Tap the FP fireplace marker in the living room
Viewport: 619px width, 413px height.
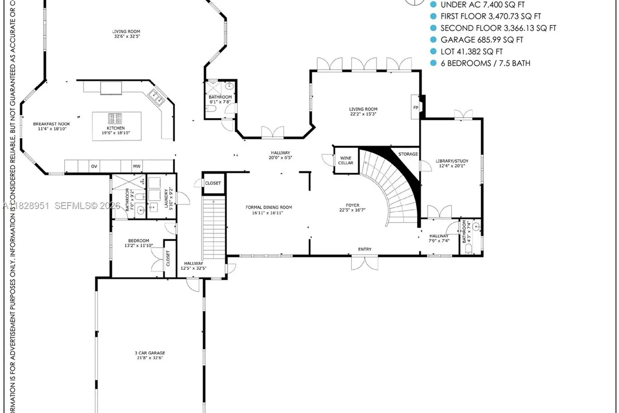pyautogui.click(x=416, y=107)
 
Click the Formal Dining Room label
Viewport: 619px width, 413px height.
pyautogui.click(x=268, y=210)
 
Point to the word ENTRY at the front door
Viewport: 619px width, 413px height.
pyautogui.click(x=365, y=249)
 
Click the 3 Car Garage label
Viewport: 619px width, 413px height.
pyautogui.click(x=151, y=356)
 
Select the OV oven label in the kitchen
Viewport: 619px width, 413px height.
pyautogui.click(x=94, y=166)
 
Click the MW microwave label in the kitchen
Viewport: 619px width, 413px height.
pyautogui.click(x=137, y=166)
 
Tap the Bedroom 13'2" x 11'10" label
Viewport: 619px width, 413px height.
pyautogui.click(x=138, y=243)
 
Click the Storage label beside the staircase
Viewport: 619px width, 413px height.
pyautogui.click(x=408, y=154)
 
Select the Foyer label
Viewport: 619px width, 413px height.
pyautogui.click(x=353, y=208)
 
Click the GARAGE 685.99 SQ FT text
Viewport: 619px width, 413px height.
pyautogui.click(x=481, y=40)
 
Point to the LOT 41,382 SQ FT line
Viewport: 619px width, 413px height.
pyautogui.click(x=471, y=52)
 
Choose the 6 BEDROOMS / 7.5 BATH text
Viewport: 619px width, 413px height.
pyautogui.click(x=485, y=63)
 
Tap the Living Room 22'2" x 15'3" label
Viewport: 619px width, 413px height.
pyautogui.click(x=363, y=112)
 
